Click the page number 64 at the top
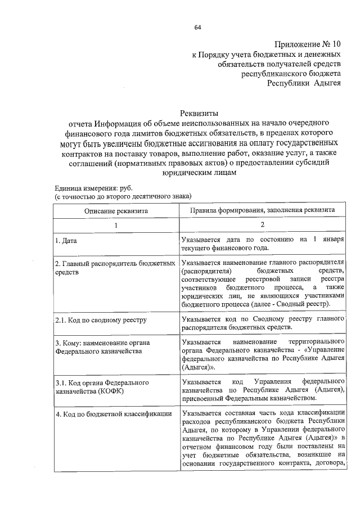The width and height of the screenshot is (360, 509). tap(198, 27)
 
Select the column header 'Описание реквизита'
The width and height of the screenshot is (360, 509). tap(116, 210)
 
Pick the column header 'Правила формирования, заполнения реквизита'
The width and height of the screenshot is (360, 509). tap(262, 209)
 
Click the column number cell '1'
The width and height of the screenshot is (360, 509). tap(116, 224)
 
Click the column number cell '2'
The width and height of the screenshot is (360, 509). tap(262, 224)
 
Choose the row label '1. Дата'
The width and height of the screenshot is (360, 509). tap(66, 241)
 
